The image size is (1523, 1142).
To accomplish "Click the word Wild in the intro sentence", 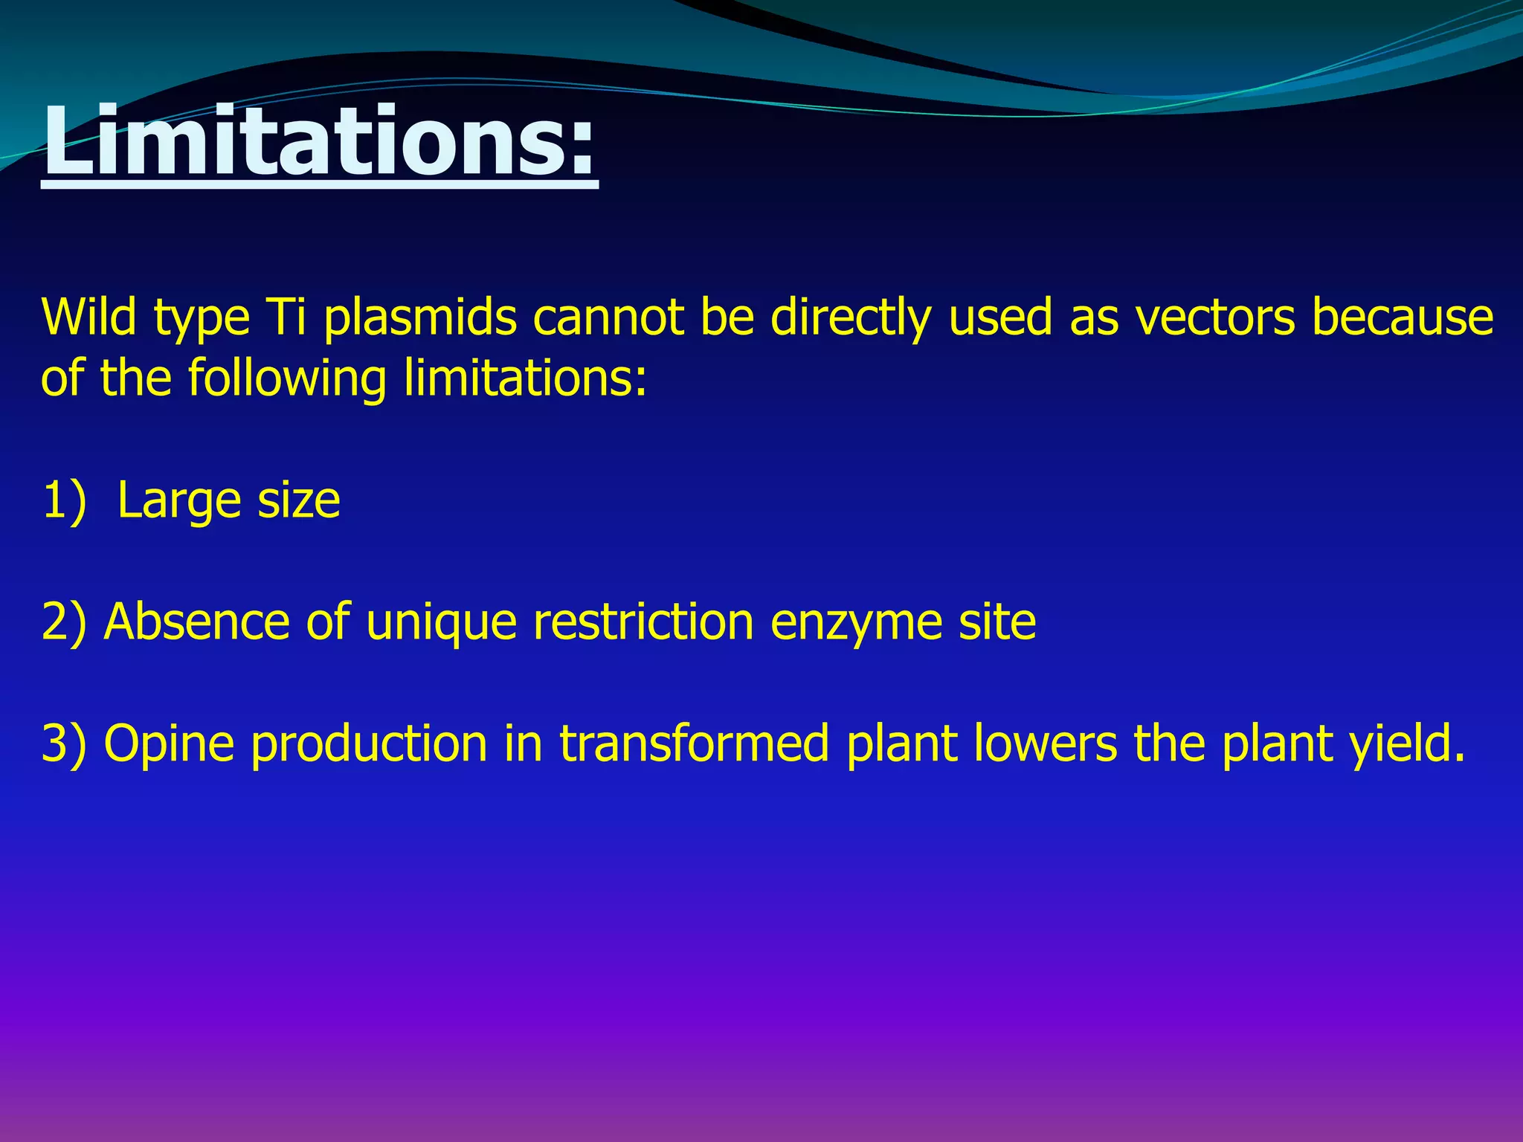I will click(x=88, y=317).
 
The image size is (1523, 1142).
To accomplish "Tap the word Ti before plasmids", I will click(x=286, y=317).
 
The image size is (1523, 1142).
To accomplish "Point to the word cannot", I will click(x=608, y=317).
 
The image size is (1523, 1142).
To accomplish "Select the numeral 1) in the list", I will click(x=64, y=500).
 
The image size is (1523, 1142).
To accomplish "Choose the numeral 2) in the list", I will click(x=64, y=622).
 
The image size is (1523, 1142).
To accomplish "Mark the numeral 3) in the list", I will click(x=64, y=743).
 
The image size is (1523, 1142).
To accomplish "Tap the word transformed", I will click(x=694, y=743).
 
